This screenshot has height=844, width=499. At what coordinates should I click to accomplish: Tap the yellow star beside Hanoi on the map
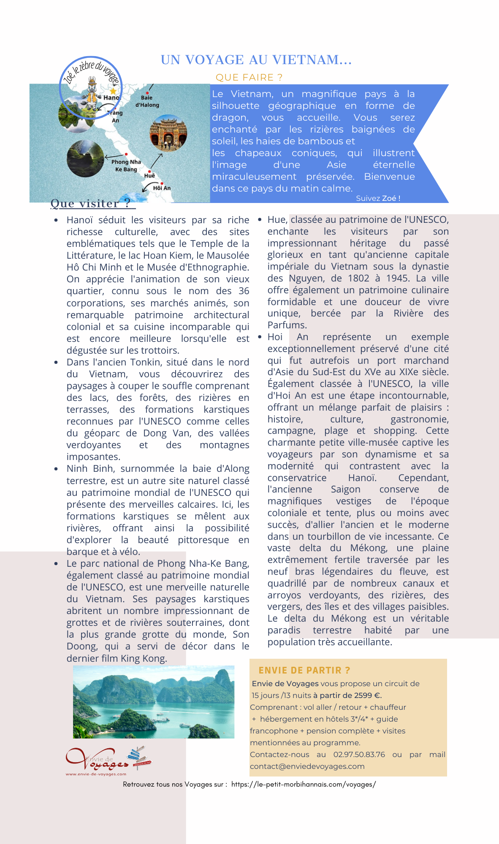pos(113,91)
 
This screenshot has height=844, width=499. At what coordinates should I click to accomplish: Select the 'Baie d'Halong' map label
pos(147,101)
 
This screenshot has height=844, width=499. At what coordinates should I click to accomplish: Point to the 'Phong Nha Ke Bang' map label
pos(126,165)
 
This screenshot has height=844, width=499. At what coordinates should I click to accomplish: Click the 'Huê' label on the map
pos(149,176)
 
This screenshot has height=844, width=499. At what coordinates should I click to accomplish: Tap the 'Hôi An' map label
pos(162,188)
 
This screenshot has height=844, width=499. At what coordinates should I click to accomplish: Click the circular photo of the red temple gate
pos(168,133)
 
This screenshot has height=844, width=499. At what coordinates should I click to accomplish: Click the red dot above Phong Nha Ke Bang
pos(126,154)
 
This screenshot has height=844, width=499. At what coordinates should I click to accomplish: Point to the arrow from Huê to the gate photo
pos(157,160)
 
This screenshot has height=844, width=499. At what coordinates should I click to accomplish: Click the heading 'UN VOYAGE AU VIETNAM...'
pos(256,60)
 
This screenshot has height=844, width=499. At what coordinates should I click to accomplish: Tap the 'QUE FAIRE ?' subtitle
pos(249,78)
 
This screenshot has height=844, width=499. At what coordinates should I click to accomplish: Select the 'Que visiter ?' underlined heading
pos(90,203)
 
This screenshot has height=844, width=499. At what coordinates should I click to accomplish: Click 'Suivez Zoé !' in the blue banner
pos(378,198)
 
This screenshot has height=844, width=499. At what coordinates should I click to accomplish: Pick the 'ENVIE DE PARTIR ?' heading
pos(304,670)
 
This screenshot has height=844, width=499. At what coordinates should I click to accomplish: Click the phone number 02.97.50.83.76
pos(359,754)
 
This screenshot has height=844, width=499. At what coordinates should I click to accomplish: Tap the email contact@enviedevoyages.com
pos(307,766)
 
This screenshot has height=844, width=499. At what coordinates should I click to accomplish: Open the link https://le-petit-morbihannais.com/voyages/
pos(303,784)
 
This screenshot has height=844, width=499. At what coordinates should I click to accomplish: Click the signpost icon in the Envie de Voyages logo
pos(139,758)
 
